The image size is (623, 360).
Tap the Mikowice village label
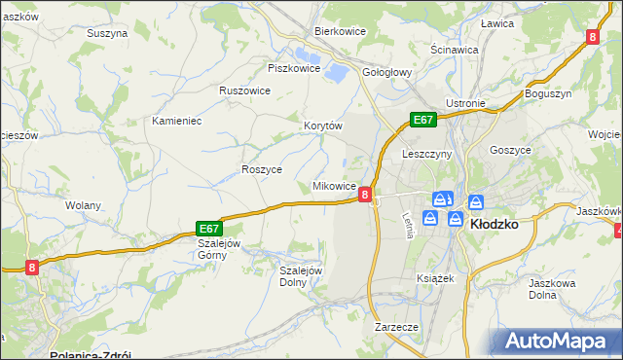click(333, 185)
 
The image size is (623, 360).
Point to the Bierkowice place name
click(339, 31)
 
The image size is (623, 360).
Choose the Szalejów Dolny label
click(300, 276)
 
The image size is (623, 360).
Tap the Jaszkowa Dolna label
click(552, 288)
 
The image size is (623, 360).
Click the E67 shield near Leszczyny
click(421, 120)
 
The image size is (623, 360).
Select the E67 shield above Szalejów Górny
click(209, 227)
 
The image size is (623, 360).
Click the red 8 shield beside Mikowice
click(364, 195)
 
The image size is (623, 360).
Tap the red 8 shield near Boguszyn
click(593, 37)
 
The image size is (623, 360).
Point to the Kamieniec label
click(176, 121)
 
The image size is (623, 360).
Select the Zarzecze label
click(396, 328)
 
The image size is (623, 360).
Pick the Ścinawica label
click(454, 49)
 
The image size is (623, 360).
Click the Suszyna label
click(107, 33)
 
